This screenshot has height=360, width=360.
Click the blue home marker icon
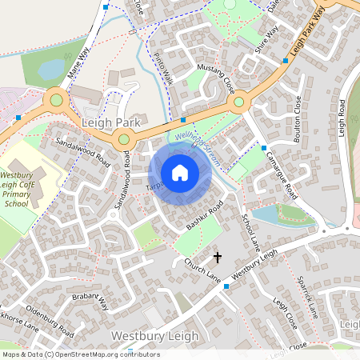(x=180, y=173)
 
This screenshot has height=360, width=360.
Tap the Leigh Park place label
(x=111, y=123)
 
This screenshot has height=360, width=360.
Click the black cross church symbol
(x=217, y=257)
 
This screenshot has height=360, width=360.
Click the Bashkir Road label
(x=203, y=217)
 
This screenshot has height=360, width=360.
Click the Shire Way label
(x=266, y=40)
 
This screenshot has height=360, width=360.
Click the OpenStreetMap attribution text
(x=80, y=354)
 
